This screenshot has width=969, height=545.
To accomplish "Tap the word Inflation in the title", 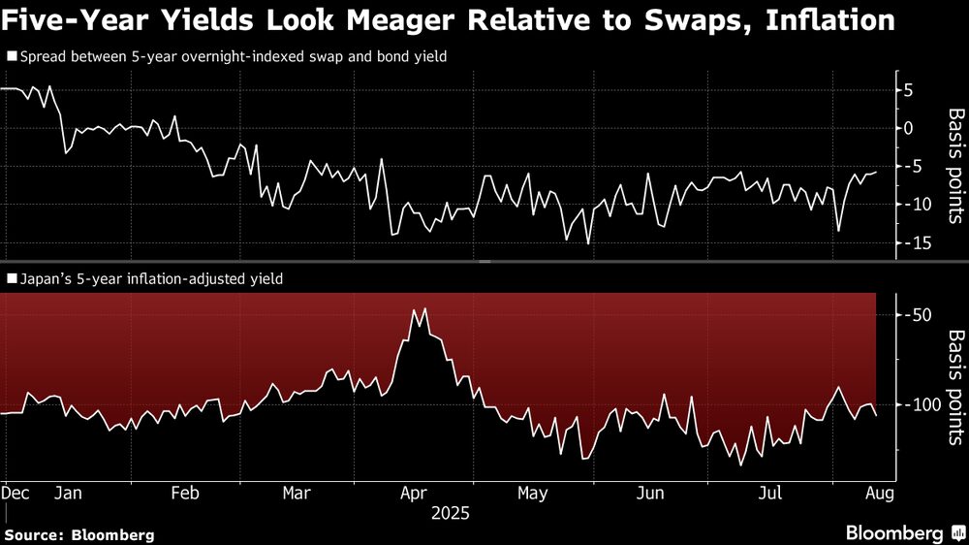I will (829, 21).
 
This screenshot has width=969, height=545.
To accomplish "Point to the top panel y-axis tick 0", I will (909, 128).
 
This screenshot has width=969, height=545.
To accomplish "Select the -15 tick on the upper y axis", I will (915, 242).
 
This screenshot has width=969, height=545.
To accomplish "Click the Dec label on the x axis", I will (16, 493).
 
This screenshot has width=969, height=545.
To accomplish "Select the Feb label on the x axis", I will (184, 493).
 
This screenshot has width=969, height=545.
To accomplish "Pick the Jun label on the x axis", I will (650, 493).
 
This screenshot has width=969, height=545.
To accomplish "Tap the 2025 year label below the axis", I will (450, 513).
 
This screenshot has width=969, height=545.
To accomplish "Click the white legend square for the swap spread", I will (11, 57).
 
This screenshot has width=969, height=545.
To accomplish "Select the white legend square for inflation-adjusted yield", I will (11, 279).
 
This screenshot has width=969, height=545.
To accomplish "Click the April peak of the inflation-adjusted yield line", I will (424, 308).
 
